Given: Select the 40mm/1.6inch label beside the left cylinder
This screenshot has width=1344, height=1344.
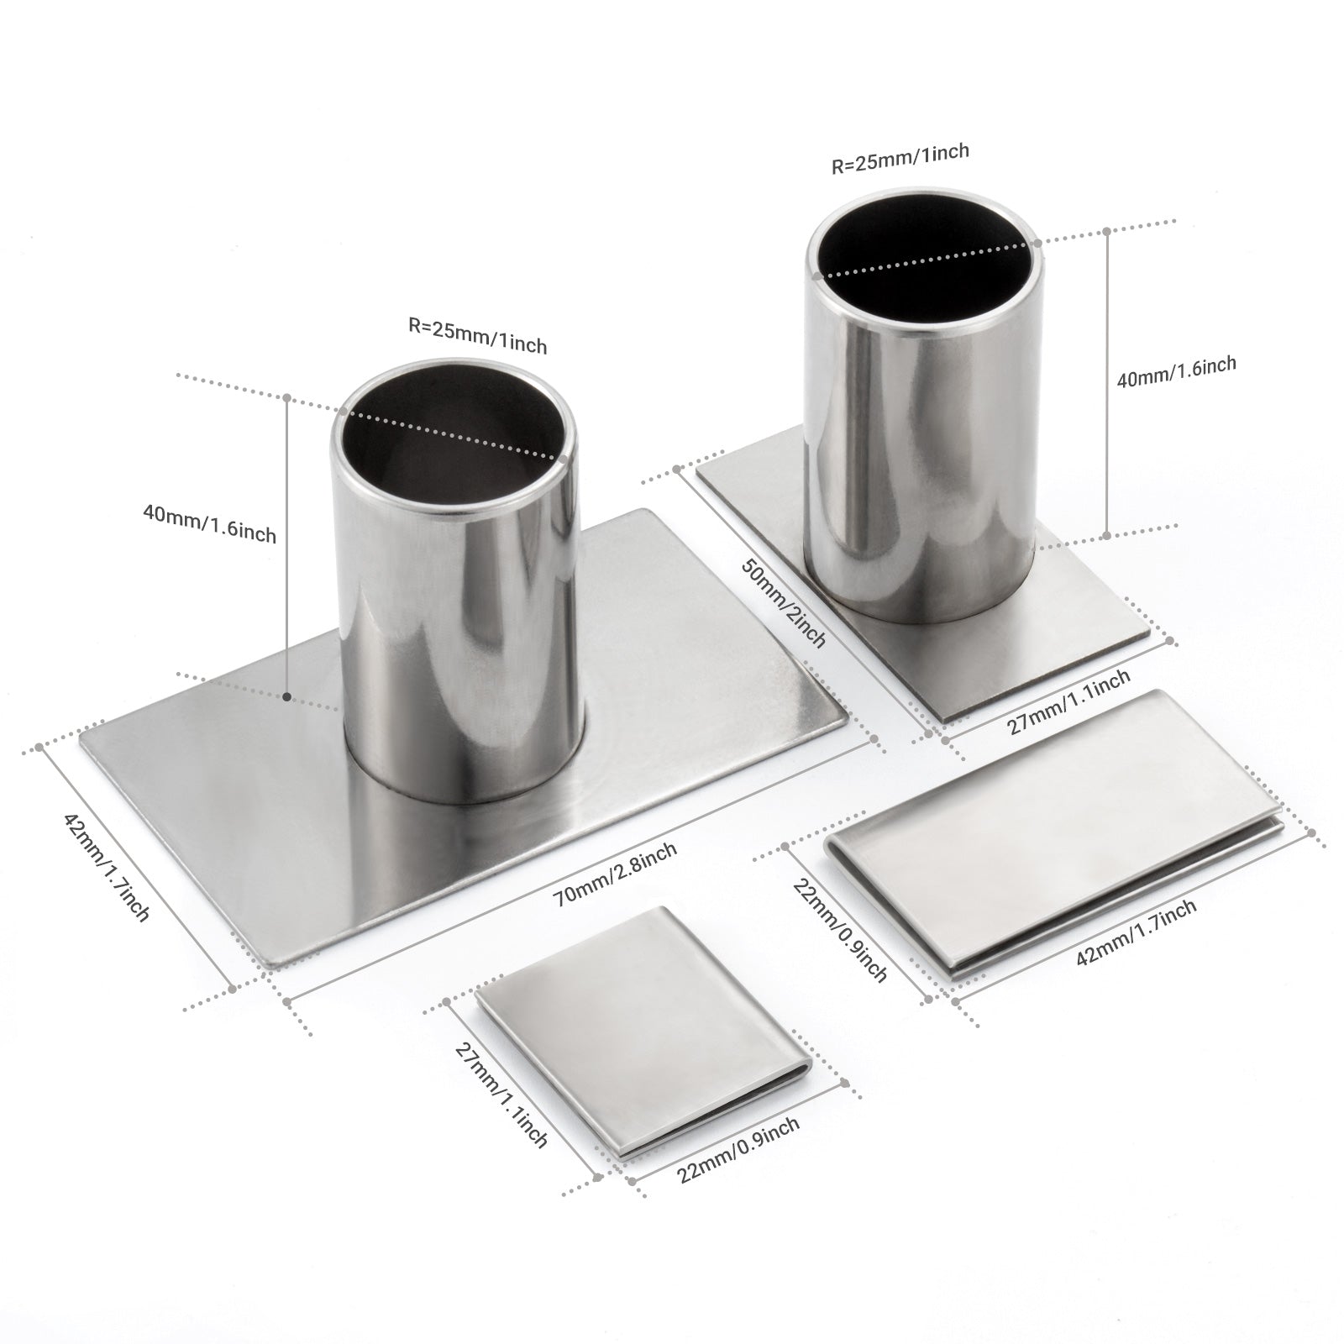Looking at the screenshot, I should pos(209,522).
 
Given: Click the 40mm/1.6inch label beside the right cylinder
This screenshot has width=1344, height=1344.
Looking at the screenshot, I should pos(1176,371).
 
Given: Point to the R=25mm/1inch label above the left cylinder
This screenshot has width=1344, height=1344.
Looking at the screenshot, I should pos(477,335).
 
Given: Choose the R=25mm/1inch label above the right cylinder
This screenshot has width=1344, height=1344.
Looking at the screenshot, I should pos(900,158).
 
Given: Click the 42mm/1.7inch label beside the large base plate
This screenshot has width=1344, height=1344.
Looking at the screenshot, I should pos(107,866).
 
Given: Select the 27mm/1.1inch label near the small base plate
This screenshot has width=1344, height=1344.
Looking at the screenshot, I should pos(1068,701).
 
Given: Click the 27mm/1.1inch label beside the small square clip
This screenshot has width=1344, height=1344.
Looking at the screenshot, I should pos(501,1095).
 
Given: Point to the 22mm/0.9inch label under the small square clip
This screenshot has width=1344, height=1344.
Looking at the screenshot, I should pos(738,1150).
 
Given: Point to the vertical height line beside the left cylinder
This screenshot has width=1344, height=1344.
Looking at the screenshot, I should pos(287,546).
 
